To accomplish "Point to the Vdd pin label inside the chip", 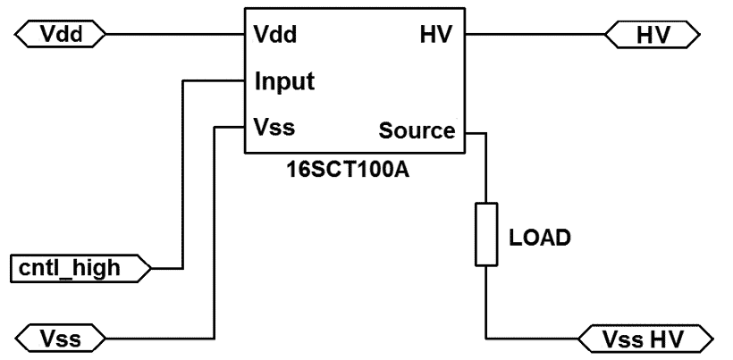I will pyautogui.click(x=275, y=36).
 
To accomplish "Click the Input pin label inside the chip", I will pyautogui.click(x=284, y=82).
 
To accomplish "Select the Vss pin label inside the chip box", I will pyautogui.click(x=274, y=127).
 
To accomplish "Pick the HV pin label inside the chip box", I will pyautogui.click(x=436, y=36).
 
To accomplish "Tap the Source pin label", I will pyautogui.click(x=417, y=131).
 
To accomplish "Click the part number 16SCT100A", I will pyautogui.click(x=354, y=167).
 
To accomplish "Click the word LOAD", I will pyautogui.click(x=539, y=239).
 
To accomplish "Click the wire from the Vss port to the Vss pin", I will pyautogui.click(x=215, y=232).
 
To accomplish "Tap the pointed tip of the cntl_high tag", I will pyautogui.click(x=151, y=266).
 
